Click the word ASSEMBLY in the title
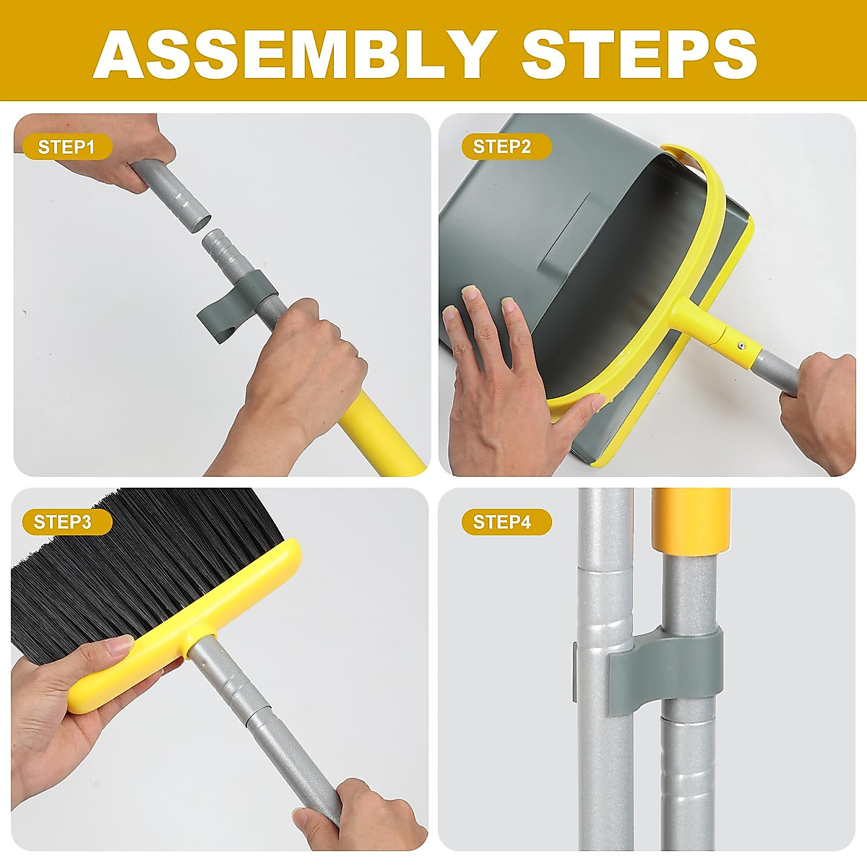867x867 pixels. (x=292, y=56)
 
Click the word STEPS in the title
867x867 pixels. (x=639, y=56)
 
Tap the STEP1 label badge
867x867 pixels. (x=67, y=147)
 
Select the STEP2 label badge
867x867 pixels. (x=506, y=146)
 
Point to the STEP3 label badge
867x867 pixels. (x=67, y=522)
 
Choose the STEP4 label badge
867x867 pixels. (x=506, y=522)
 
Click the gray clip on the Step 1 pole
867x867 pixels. (x=238, y=306)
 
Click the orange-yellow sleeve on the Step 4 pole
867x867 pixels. (x=691, y=520)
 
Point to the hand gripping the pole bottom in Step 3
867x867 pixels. (x=360, y=814)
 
